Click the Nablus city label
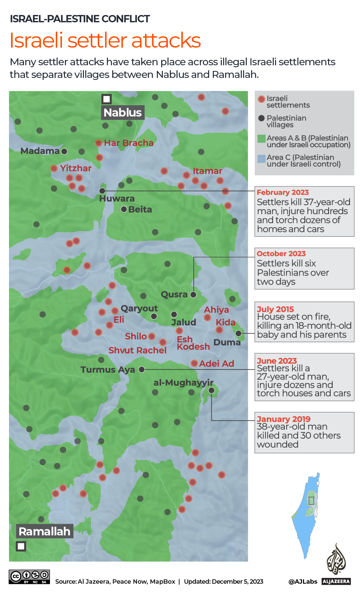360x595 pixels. coord(123,113)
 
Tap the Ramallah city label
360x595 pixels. coord(45,531)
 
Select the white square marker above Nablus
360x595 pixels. coord(107,99)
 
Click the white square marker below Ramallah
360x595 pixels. coord(21,546)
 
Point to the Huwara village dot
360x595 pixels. coord(103,191)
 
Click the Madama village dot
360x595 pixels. coord(64,151)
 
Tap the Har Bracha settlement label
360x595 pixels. coord(129,143)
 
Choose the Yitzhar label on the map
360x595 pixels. coord(76,168)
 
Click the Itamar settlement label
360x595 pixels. coord(207,171)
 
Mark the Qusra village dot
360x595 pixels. coord(193,295)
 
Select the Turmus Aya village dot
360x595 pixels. coord(142,369)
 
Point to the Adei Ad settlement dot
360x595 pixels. coord(194,363)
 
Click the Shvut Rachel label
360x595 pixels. coord(137,350)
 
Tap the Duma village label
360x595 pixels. coord(227,342)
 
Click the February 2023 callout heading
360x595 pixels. coord(283,192)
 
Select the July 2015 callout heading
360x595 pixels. coord(275,309)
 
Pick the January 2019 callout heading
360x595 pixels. coord(283,419)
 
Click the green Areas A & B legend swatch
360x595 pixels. coord(261,139)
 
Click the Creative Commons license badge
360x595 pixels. coord(29,576)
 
